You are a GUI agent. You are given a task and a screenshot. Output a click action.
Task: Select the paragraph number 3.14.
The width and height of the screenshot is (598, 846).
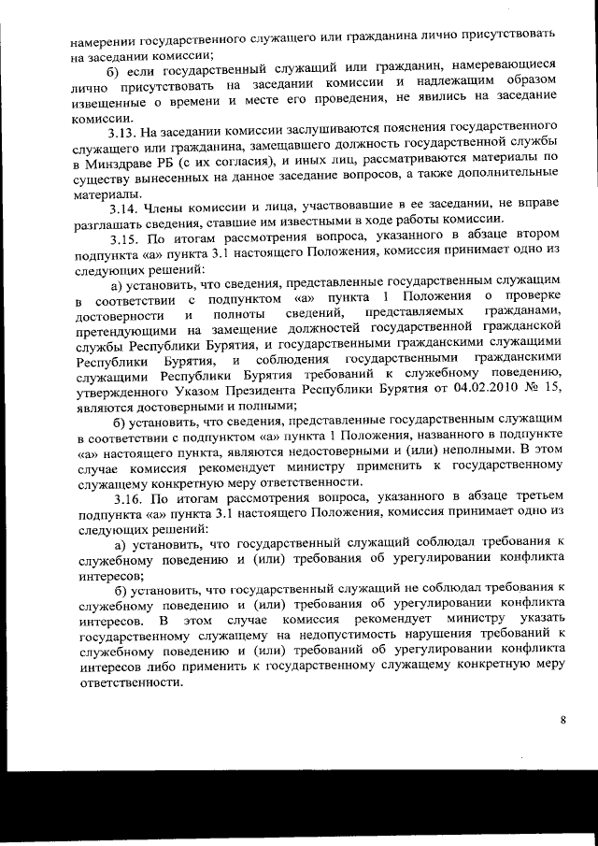(125, 209)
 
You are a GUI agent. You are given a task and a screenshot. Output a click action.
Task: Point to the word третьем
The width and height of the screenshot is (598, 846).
(531, 497)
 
